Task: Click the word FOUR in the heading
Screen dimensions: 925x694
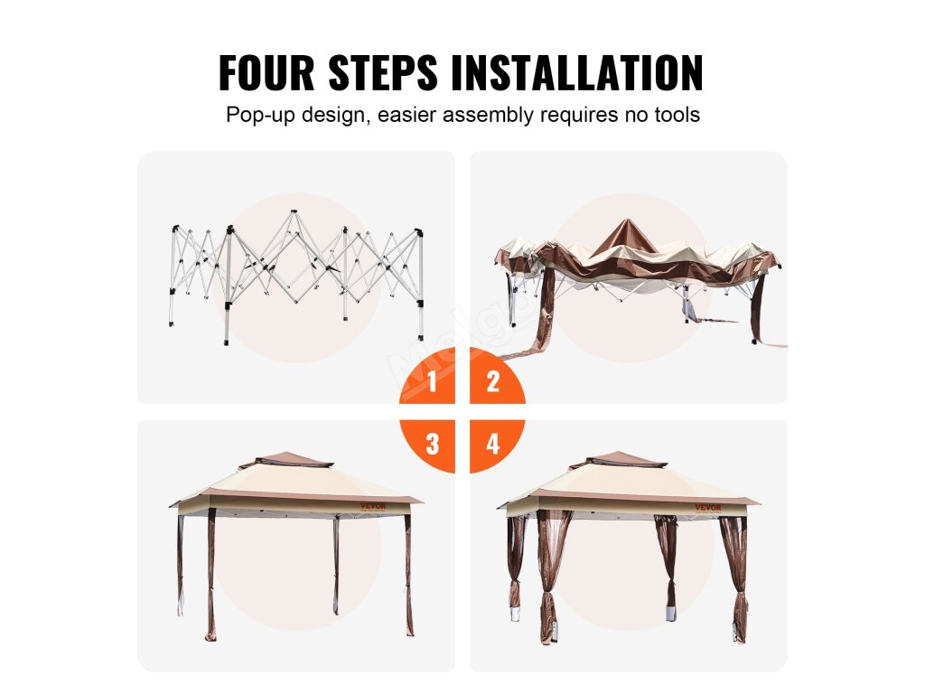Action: click(x=266, y=72)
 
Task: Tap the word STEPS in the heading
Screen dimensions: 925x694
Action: click(x=383, y=72)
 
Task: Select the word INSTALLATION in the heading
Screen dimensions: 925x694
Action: click(x=577, y=72)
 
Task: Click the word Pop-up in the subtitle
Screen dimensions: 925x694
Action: click(x=260, y=115)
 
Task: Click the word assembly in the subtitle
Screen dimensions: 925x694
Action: click(x=488, y=115)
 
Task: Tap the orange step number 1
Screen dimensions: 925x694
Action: click(x=433, y=381)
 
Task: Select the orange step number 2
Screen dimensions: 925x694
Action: click(x=493, y=381)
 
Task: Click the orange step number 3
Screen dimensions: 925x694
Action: click(x=433, y=444)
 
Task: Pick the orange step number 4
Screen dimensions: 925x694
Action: click(x=493, y=444)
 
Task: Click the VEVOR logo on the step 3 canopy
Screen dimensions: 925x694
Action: click(x=373, y=506)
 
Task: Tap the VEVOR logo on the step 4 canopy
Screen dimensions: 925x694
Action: click(x=708, y=507)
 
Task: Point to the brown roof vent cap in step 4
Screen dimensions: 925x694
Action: click(x=618, y=461)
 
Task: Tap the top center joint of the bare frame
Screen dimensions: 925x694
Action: click(x=294, y=212)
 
